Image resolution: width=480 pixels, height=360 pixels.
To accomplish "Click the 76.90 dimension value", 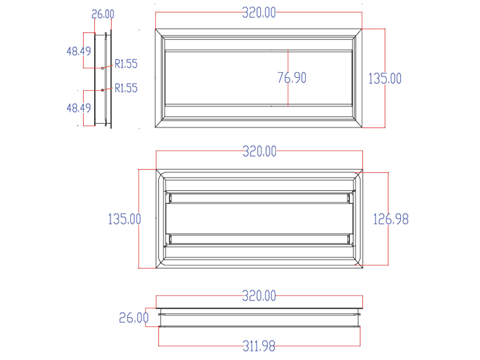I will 292,78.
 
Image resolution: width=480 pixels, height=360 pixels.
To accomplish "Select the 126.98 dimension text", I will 391,219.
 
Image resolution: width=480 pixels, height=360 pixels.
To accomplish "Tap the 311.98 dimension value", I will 259,346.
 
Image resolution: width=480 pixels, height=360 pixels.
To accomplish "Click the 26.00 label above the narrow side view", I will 103,14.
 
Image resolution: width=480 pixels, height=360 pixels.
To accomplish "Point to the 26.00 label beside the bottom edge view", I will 134,318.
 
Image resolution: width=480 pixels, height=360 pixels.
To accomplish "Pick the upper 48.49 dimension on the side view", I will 78,51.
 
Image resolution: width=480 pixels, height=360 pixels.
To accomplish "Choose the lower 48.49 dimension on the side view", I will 78,108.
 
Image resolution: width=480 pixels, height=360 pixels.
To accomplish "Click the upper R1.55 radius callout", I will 126,64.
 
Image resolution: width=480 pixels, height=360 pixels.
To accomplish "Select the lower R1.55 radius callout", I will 126,88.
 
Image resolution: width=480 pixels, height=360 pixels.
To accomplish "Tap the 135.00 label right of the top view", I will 384,78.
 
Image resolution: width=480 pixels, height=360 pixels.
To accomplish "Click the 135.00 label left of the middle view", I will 124,219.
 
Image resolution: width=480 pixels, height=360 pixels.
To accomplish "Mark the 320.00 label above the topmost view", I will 259,13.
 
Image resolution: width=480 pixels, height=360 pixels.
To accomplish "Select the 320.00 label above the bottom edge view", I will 259,296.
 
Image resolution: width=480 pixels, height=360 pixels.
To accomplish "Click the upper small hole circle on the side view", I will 103,68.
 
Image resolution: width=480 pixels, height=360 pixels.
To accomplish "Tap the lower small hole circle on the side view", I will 103,90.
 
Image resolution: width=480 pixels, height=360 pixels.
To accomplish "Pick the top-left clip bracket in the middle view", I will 170,197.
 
